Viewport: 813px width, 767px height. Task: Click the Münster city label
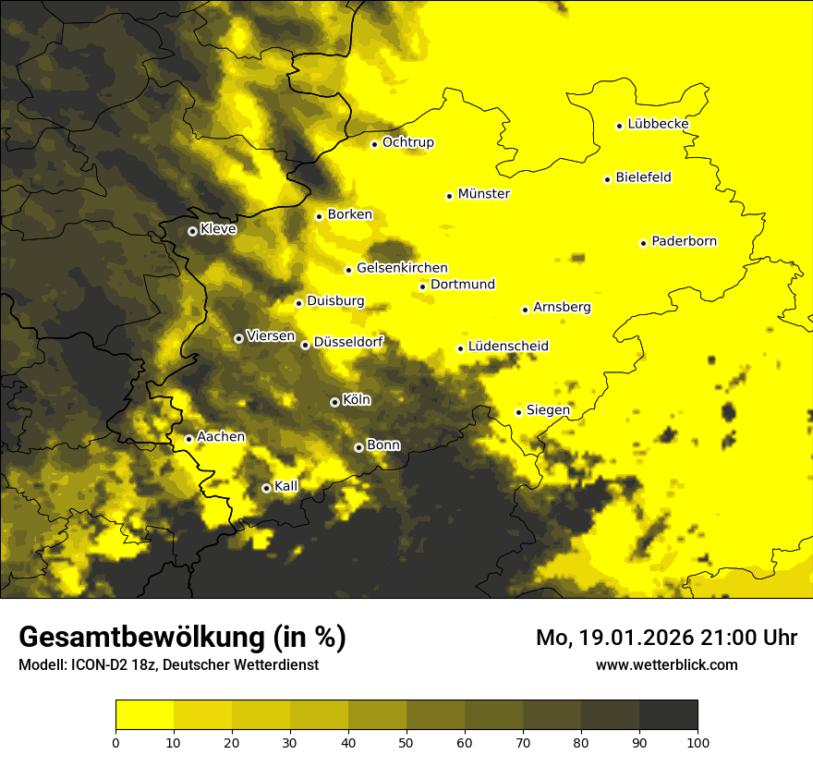point(483,194)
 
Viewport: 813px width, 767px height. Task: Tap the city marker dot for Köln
point(334,402)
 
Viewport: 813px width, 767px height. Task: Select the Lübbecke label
point(658,124)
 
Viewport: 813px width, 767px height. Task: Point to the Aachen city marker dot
point(188,439)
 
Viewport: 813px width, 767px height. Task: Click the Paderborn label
point(684,241)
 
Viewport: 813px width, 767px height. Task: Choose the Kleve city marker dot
point(192,231)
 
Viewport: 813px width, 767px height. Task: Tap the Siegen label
point(548,409)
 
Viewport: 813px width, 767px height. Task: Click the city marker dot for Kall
point(266,488)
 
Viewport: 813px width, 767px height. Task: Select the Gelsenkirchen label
point(402,268)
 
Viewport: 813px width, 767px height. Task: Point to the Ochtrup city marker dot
point(374,144)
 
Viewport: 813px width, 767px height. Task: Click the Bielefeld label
point(643,177)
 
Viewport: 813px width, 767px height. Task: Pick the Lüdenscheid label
point(508,347)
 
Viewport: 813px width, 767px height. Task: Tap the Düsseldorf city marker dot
point(305,345)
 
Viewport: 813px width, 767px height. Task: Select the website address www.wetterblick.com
point(666,664)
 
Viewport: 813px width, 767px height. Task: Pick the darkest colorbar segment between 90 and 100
point(668,715)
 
